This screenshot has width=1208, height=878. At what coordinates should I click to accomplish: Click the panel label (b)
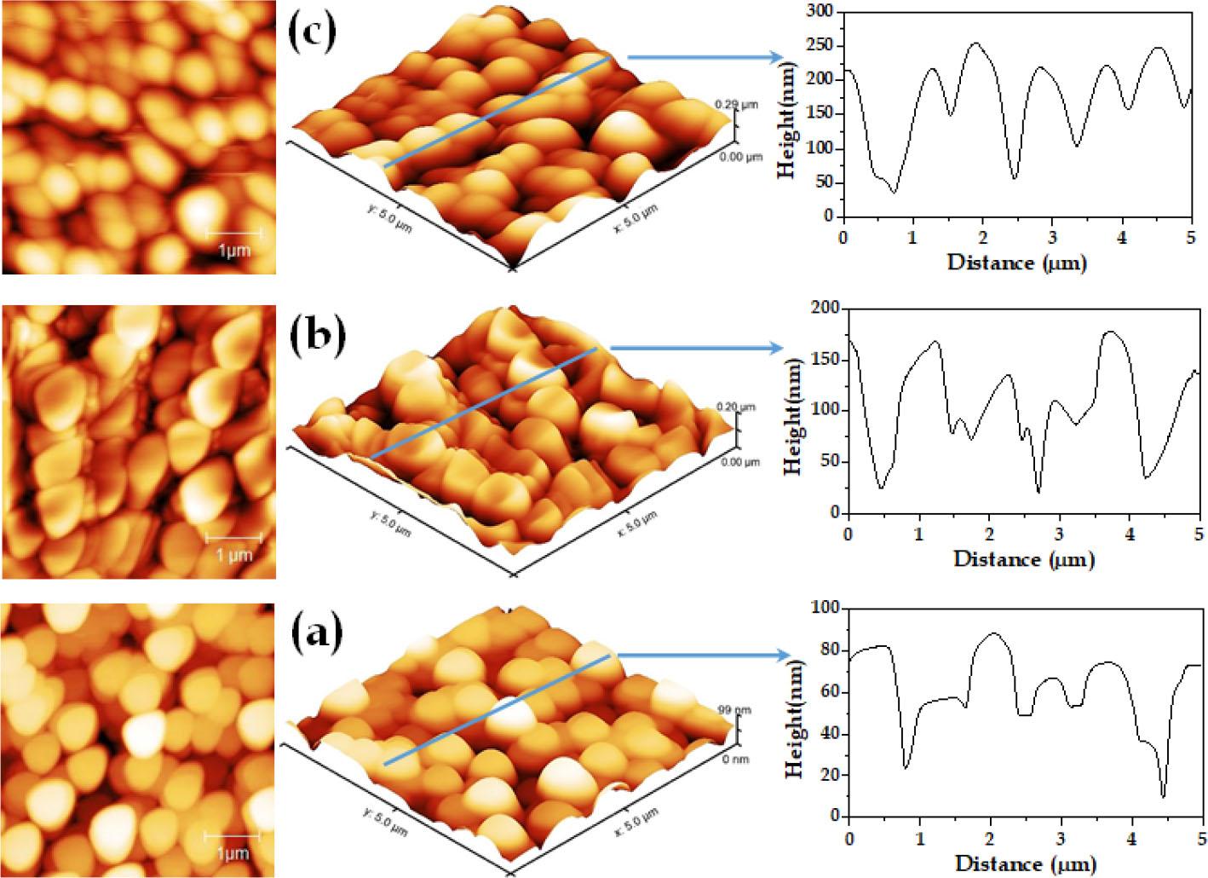318,336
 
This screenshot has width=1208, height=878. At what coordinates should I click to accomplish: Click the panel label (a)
316,632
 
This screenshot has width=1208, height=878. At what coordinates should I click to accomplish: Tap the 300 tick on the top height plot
821,12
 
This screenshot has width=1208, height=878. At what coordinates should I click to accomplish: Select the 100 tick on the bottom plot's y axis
827,608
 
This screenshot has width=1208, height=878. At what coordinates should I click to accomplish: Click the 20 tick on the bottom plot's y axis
831,775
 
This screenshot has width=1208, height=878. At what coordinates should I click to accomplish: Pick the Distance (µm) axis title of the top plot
1016,263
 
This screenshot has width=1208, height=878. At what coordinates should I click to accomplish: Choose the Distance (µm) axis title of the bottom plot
1025,864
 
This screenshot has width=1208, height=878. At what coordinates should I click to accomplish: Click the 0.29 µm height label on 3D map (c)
736,104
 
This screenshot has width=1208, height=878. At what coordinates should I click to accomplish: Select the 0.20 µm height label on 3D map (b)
736,407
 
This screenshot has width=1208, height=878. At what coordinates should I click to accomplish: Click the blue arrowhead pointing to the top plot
775,57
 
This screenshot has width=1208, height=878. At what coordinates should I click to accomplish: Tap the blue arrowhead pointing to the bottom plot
783,656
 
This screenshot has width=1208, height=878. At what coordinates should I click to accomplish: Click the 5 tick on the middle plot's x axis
1198,534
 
